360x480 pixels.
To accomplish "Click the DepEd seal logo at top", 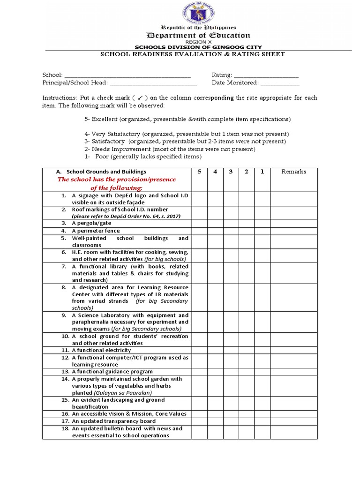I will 199,14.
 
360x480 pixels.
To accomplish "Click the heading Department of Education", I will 199,35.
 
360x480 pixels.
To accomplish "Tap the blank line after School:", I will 127,75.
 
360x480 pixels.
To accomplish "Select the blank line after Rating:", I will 266,75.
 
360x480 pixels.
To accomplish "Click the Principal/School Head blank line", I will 153,83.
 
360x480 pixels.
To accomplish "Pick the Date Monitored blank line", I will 280,83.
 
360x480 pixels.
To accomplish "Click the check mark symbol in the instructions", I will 140,98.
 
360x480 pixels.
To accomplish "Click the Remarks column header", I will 293,172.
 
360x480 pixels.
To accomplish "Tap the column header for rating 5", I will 199,172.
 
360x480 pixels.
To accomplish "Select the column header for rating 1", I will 262,172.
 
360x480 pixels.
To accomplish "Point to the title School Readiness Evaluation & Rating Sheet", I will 193,54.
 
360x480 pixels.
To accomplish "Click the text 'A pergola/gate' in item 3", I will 89,224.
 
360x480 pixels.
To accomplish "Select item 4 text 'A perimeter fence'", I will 96,231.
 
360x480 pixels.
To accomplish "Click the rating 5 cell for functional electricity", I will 199,350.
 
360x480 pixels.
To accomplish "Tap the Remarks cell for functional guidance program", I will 293,371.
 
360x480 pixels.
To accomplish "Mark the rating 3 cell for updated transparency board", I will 231,421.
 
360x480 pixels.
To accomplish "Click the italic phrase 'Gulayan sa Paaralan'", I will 120,393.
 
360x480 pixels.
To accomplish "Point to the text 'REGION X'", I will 199,42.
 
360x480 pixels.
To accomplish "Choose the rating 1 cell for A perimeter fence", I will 262,231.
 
